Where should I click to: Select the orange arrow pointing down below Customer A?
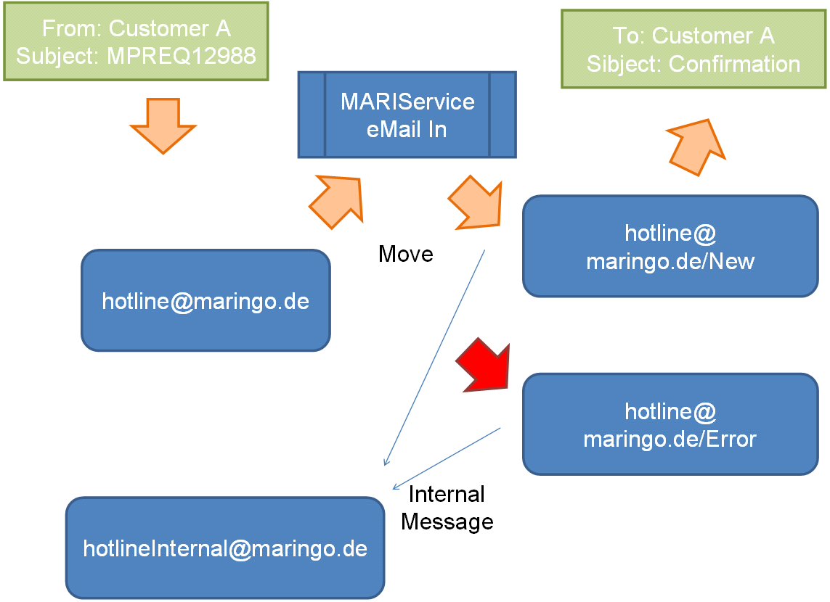[163, 124]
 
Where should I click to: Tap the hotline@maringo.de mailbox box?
[206, 300]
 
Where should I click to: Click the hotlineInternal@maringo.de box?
[225, 548]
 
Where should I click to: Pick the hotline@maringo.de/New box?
[670, 246]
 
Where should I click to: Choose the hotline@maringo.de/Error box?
[670, 424]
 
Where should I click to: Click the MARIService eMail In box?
[407, 115]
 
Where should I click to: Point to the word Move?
[405, 254]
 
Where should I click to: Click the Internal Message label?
[447, 508]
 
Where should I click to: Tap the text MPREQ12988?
[182, 56]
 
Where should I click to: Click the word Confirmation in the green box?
[734, 64]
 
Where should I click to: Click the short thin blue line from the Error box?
[447, 458]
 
